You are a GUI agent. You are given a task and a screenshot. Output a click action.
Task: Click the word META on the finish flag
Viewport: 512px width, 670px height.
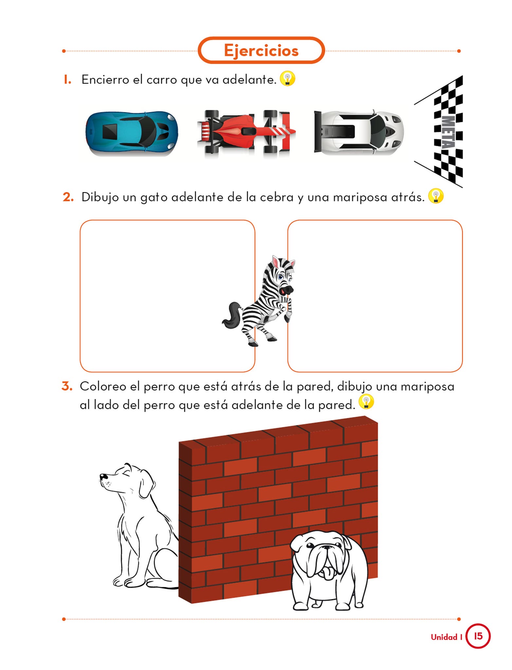point(448,132)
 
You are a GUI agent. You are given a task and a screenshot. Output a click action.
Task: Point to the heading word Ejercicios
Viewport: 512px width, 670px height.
point(261,51)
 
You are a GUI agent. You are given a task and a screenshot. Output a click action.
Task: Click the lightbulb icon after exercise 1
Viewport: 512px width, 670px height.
point(287,79)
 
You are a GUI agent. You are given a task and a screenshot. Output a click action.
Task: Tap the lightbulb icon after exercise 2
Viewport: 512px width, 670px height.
point(436,196)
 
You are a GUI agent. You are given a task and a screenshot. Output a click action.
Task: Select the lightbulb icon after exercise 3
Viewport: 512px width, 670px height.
point(366,401)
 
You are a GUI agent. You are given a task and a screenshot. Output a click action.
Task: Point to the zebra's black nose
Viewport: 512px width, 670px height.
point(287,289)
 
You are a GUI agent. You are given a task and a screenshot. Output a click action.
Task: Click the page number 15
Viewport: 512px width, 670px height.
point(478,636)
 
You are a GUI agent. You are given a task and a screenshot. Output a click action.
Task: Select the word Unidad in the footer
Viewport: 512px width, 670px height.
point(444,637)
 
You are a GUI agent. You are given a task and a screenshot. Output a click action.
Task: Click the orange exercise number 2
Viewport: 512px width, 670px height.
point(68,197)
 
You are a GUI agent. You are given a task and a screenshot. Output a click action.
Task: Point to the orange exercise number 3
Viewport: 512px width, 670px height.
point(67,386)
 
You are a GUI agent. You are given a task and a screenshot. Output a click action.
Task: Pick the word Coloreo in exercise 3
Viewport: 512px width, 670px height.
point(103,386)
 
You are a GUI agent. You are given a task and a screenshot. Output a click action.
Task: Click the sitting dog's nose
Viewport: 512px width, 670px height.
point(102,476)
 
